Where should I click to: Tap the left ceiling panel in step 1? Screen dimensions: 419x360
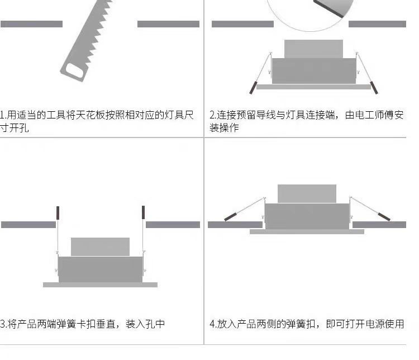pos(31,24)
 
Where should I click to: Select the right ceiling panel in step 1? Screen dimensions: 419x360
pos(168,24)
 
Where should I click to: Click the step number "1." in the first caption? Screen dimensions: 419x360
pos(3,116)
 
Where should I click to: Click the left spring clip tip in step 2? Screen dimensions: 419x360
pos(253,88)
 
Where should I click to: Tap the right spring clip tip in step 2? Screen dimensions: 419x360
pos(374,88)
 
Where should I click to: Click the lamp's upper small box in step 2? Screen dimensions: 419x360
pos(313,49)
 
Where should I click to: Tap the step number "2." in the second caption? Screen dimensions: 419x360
pos(213,116)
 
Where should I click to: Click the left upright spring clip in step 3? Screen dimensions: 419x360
pos(57,212)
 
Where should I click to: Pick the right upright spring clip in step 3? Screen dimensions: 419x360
pos(143,212)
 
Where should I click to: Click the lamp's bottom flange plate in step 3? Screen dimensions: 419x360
pos(100,285)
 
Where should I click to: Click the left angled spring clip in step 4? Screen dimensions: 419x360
pos(234,215)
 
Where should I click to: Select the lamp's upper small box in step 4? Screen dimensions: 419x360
pos(307,193)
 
